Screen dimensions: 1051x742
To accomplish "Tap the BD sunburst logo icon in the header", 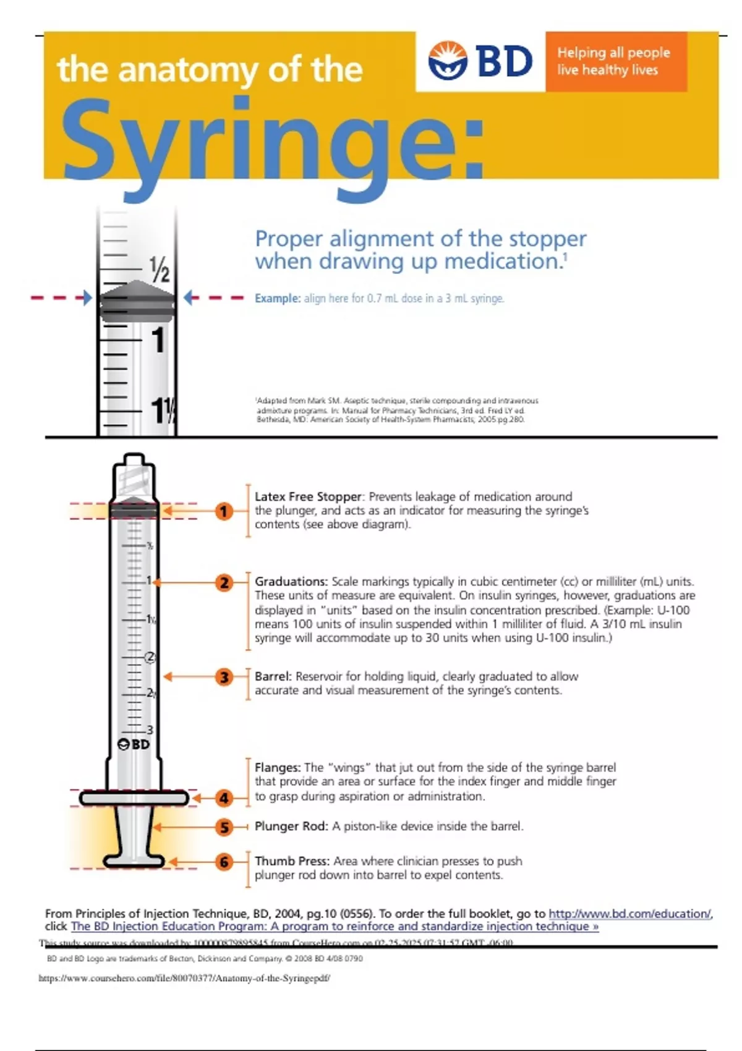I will (x=448, y=61).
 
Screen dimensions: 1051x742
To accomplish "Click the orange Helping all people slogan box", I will (x=616, y=61).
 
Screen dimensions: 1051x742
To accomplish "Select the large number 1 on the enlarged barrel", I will (x=158, y=340).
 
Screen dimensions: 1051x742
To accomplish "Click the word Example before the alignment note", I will (x=277, y=299).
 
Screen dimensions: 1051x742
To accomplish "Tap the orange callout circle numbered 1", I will (x=224, y=511).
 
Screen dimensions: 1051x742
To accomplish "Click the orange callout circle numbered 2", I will (x=224, y=582).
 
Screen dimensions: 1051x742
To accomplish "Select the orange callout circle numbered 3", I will (x=224, y=677).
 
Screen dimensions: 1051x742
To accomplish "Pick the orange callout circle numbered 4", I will (x=224, y=798).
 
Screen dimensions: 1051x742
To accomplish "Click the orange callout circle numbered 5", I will (x=224, y=827).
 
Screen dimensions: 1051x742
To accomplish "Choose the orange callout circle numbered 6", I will (x=224, y=862).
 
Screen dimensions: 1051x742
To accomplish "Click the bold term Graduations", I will (x=291, y=582).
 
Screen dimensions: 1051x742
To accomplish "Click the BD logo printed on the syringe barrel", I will (x=134, y=744).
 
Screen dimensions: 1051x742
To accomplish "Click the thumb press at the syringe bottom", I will (x=134, y=861).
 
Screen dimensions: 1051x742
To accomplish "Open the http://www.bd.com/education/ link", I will (x=629, y=914).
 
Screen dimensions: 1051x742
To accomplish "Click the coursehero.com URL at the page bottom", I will (x=184, y=978).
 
